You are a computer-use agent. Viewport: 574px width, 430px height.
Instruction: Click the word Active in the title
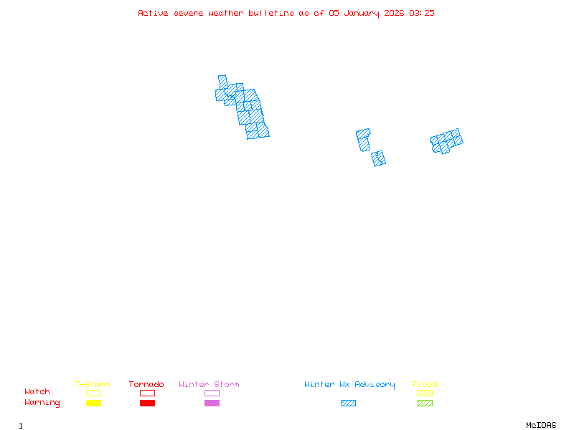[153, 13]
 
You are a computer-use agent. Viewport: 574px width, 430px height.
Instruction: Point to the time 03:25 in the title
[421, 13]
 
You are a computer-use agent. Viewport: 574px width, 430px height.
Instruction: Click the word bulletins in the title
[270, 13]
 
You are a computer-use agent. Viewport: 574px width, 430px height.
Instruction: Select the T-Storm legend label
[93, 385]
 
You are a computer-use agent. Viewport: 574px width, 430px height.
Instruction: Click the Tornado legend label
[146, 385]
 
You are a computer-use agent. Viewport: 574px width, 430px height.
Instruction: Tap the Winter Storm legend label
[209, 385]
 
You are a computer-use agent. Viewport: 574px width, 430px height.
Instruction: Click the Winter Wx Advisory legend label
[349, 385]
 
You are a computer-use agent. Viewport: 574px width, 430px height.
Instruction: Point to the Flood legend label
[425, 385]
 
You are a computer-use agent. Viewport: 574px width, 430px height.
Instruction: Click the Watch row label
[37, 392]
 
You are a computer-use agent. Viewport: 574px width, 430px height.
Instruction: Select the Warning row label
[42, 403]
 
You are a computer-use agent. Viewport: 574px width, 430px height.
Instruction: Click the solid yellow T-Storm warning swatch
[93, 403]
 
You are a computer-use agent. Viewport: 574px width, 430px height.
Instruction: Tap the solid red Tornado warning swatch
[147, 403]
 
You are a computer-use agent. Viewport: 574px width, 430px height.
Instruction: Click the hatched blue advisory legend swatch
[348, 403]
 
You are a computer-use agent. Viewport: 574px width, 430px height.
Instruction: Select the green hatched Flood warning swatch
[425, 403]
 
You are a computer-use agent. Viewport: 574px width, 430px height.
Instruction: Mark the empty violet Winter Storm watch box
[212, 393]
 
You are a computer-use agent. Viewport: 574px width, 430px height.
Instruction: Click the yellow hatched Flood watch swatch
[425, 393]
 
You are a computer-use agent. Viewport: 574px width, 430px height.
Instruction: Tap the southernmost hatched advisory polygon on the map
[379, 158]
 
